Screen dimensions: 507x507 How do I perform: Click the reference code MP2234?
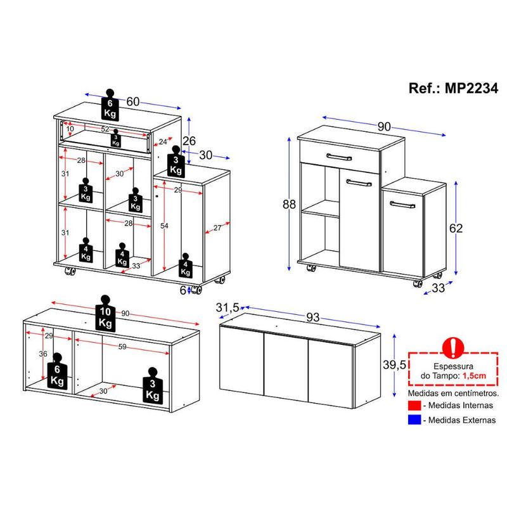point(472,88)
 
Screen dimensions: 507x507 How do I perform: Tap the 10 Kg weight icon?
point(105,313)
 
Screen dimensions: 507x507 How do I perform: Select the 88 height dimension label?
point(289,204)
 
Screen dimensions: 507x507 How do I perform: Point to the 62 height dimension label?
point(456,228)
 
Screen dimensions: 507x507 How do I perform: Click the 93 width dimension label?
point(312,318)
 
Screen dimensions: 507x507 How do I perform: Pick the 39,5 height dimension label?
point(394,364)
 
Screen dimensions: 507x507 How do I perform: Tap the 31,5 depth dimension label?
point(228,307)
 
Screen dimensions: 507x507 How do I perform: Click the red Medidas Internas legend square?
point(414,405)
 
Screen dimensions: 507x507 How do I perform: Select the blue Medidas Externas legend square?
point(414,420)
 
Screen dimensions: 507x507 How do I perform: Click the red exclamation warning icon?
point(453,348)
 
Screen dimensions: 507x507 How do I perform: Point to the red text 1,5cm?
point(474,376)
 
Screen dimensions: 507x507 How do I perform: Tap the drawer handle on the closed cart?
point(339,157)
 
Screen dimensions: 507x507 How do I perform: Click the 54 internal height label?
point(164,226)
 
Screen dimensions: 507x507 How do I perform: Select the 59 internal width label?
point(122,347)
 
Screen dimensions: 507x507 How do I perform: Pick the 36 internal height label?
point(43,354)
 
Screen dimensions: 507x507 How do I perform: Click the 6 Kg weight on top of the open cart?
point(110,105)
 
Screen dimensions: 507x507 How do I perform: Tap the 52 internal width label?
point(105,129)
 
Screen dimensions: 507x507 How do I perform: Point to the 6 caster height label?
point(183,290)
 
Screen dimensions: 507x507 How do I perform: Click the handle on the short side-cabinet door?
point(402,205)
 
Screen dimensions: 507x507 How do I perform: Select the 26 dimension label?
point(189,141)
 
